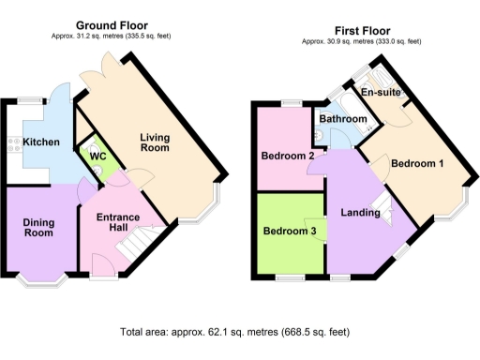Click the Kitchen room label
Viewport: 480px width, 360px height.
coord(41,142)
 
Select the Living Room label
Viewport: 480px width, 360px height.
coord(161,143)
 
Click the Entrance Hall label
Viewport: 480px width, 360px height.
coord(118,224)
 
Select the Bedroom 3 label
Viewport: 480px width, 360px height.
coord(288,231)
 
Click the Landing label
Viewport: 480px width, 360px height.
coord(361,213)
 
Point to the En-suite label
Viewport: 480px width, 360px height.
coord(382,94)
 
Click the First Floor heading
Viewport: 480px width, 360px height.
coord(360,30)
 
